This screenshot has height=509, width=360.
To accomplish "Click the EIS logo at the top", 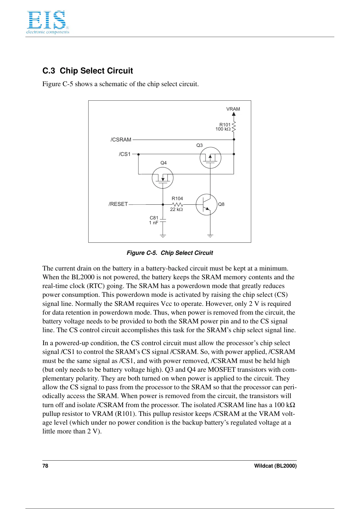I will coord(47,22).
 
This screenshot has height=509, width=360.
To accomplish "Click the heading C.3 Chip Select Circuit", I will coord(88,71).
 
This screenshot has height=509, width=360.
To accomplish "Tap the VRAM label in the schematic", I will coord(233,109).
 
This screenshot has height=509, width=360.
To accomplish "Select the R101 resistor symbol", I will coord(234,127).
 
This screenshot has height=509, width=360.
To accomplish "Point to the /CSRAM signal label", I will coord(121,140).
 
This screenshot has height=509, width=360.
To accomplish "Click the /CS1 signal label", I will coord(125,154).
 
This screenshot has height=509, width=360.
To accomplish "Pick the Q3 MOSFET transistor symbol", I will coord(210,157).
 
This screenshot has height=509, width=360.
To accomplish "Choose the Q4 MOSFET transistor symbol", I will coord(163,178).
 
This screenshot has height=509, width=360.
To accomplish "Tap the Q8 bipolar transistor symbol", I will coord(206,205).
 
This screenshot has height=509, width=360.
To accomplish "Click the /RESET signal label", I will coord(118,204).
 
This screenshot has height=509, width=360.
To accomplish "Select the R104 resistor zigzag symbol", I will coord(177,205).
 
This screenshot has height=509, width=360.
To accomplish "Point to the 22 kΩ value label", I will coord(176,209).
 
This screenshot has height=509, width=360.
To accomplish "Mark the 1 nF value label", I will coord(154,223).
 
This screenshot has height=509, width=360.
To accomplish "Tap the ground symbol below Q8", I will coord(210,236).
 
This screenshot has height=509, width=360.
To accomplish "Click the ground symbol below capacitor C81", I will coord(163,236).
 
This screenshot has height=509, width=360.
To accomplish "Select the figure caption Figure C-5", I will coord(170,253).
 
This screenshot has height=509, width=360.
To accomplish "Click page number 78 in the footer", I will coord(45,466).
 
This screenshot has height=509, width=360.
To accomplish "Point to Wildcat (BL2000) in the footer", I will coord(275,466).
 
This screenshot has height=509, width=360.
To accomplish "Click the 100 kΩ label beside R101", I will coord(223,129).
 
